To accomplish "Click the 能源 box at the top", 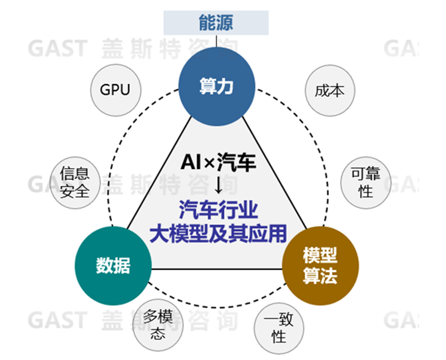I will [x=216, y=22].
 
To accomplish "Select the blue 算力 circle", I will [x=216, y=86].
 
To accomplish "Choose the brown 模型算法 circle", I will [x=319, y=266].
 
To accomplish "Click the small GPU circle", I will [x=115, y=89].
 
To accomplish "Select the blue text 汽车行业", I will [x=218, y=210].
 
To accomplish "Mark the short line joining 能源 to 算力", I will [x=216, y=41].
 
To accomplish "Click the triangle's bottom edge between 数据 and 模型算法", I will [x=217, y=270].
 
